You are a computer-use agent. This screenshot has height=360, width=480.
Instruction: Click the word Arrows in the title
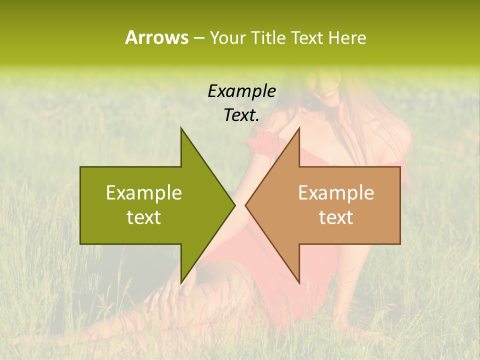tap(156, 37)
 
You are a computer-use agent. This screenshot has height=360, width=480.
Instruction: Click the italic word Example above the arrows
tap(241, 91)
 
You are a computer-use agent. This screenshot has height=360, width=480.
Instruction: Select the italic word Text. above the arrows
tap(241, 115)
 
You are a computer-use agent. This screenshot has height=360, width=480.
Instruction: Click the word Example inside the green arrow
tap(143, 192)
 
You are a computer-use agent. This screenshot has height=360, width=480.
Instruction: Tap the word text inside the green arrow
tap(143, 217)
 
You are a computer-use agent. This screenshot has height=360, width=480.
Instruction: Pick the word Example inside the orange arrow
tap(336, 192)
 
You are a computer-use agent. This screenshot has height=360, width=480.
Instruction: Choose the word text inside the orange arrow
tap(336, 217)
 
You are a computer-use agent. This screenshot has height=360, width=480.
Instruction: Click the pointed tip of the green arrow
tap(235, 205)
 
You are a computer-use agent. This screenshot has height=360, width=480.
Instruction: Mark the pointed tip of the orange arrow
tap(245, 205)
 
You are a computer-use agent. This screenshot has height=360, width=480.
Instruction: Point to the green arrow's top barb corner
tap(181, 127)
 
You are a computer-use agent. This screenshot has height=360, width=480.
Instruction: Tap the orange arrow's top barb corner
tap(299, 127)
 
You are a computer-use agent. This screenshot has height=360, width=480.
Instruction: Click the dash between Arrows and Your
tap(198, 38)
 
